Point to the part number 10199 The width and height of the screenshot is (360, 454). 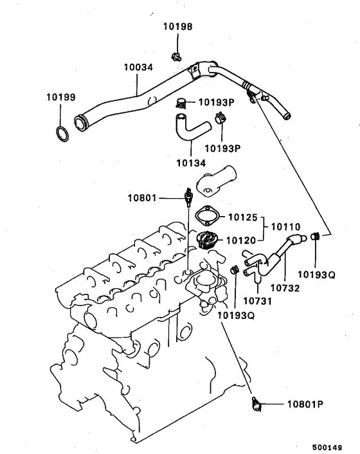pyautogui.click(x=60, y=98)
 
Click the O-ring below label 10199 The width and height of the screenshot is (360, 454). pyautogui.click(x=62, y=134)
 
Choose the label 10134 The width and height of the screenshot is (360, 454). pyautogui.click(x=192, y=163)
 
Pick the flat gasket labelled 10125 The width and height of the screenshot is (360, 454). pyautogui.click(x=209, y=215)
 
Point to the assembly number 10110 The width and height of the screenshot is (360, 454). pyautogui.click(x=285, y=227)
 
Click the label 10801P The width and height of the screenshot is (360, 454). pyautogui.click(x=301, y=404)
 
